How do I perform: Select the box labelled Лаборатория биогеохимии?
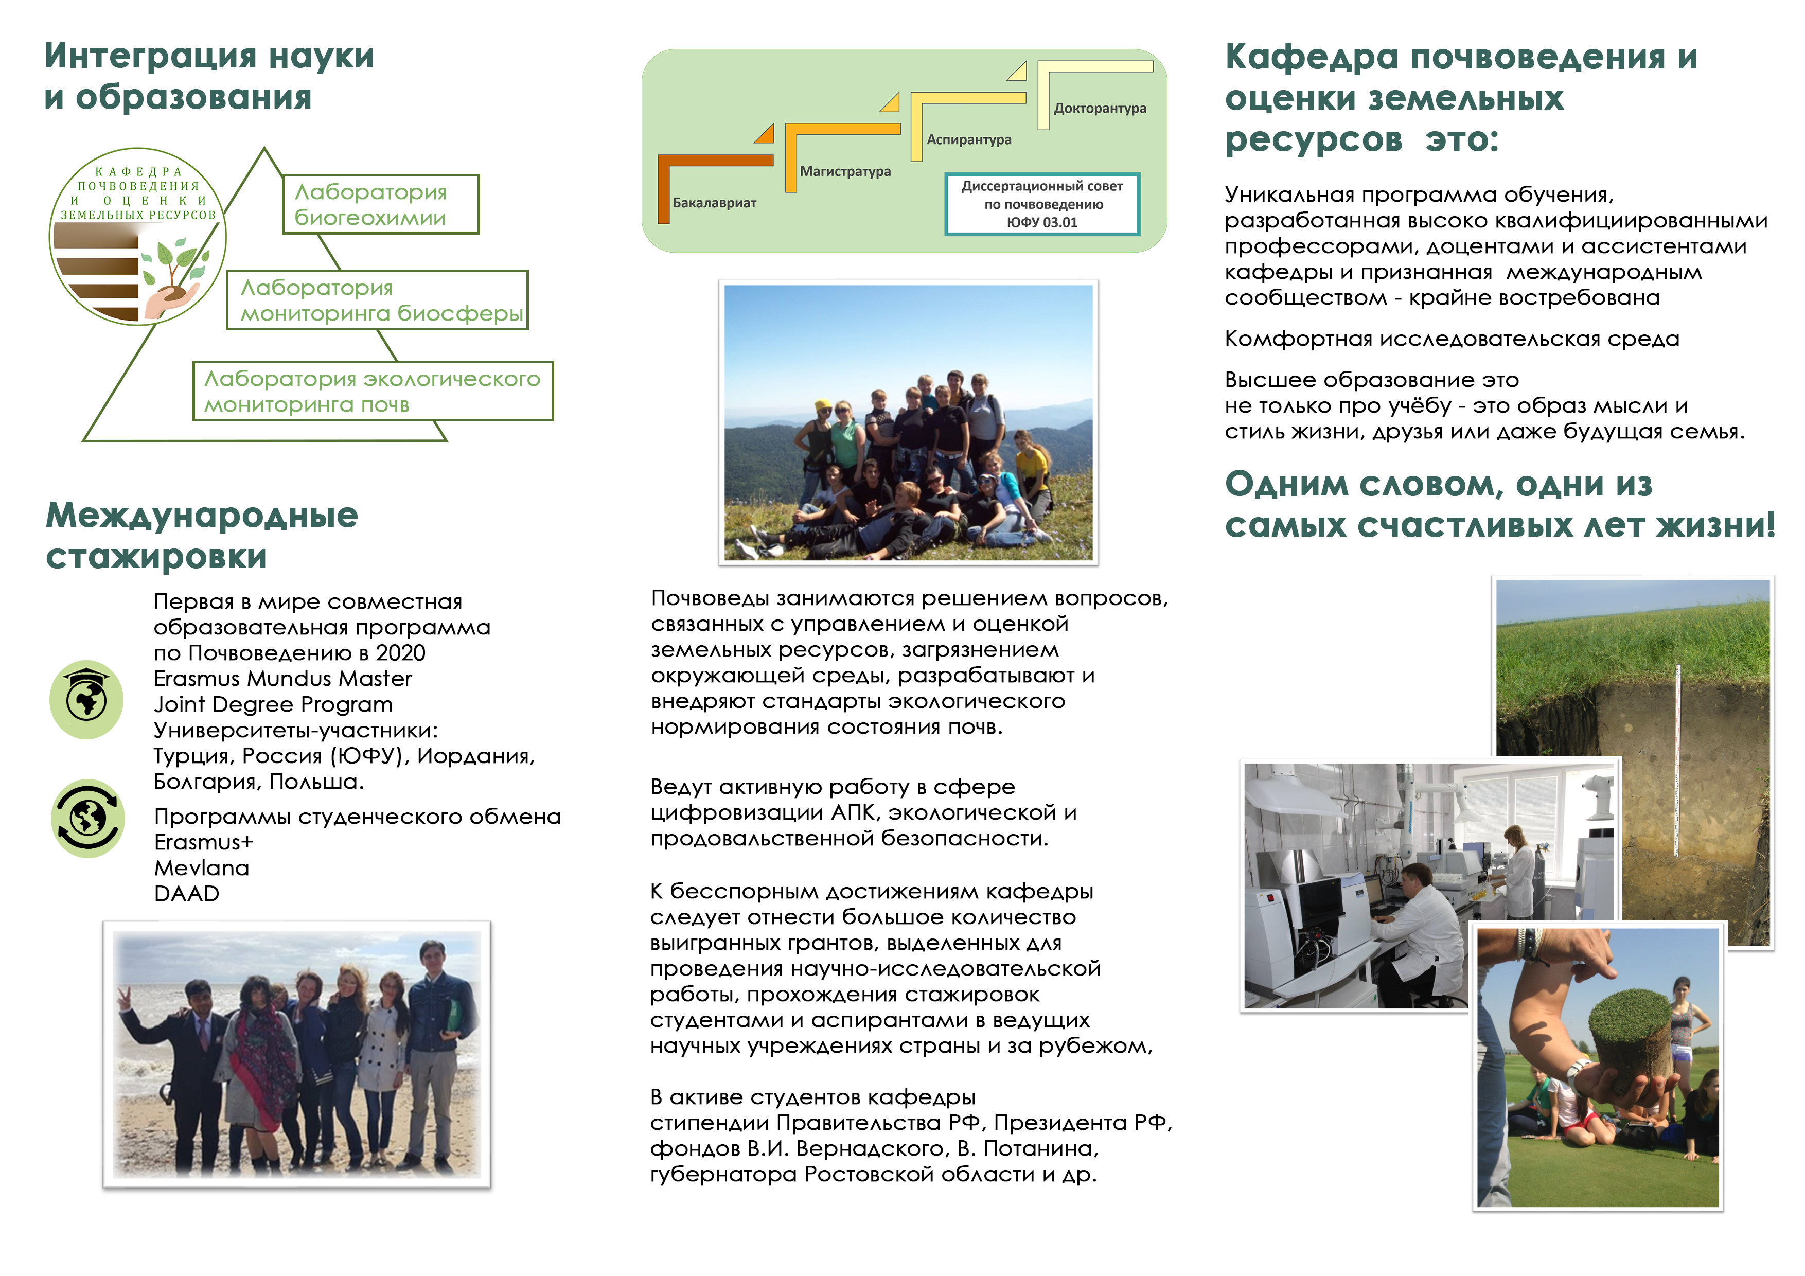coord(380,204)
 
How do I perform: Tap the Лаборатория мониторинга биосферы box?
coord(377,300)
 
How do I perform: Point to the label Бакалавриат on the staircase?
coord(714,203)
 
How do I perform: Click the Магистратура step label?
coord(845,171)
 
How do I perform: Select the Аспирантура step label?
coord(968,140)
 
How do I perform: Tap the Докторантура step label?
coord(1099,109)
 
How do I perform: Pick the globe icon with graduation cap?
coord(86,699)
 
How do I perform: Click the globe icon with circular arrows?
coord(87,819)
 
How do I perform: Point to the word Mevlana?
coord(201,868)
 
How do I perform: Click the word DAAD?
coord(186,894)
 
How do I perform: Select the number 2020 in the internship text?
coord(400,653)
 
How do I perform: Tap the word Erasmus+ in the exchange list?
coord(204,842)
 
